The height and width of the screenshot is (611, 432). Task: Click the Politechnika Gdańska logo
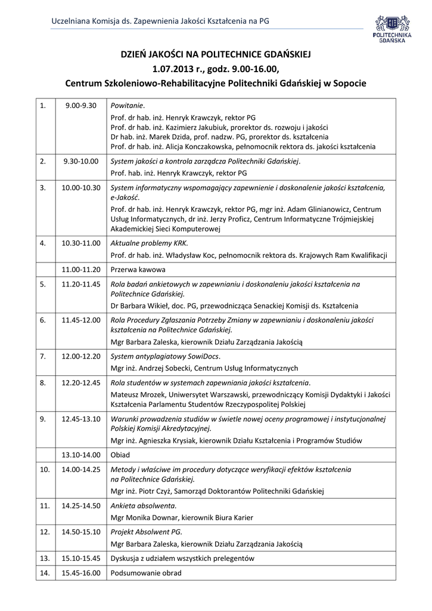click(392, 29)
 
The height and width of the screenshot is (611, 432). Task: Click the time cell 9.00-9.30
click(80, 106)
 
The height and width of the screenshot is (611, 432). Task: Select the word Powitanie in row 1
click(128, 106)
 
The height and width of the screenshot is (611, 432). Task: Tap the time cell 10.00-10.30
click(80, 187)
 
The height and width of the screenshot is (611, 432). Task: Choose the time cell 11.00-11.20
click(80, 270)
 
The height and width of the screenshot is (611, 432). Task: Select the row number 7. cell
click(43, 356)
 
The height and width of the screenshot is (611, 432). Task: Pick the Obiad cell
click(120, 455)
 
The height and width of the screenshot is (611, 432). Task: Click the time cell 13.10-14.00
click(80, 455)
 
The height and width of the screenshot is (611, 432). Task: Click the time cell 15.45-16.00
click(80, 573)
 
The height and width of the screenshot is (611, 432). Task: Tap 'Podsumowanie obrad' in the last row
click(146, 573)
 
